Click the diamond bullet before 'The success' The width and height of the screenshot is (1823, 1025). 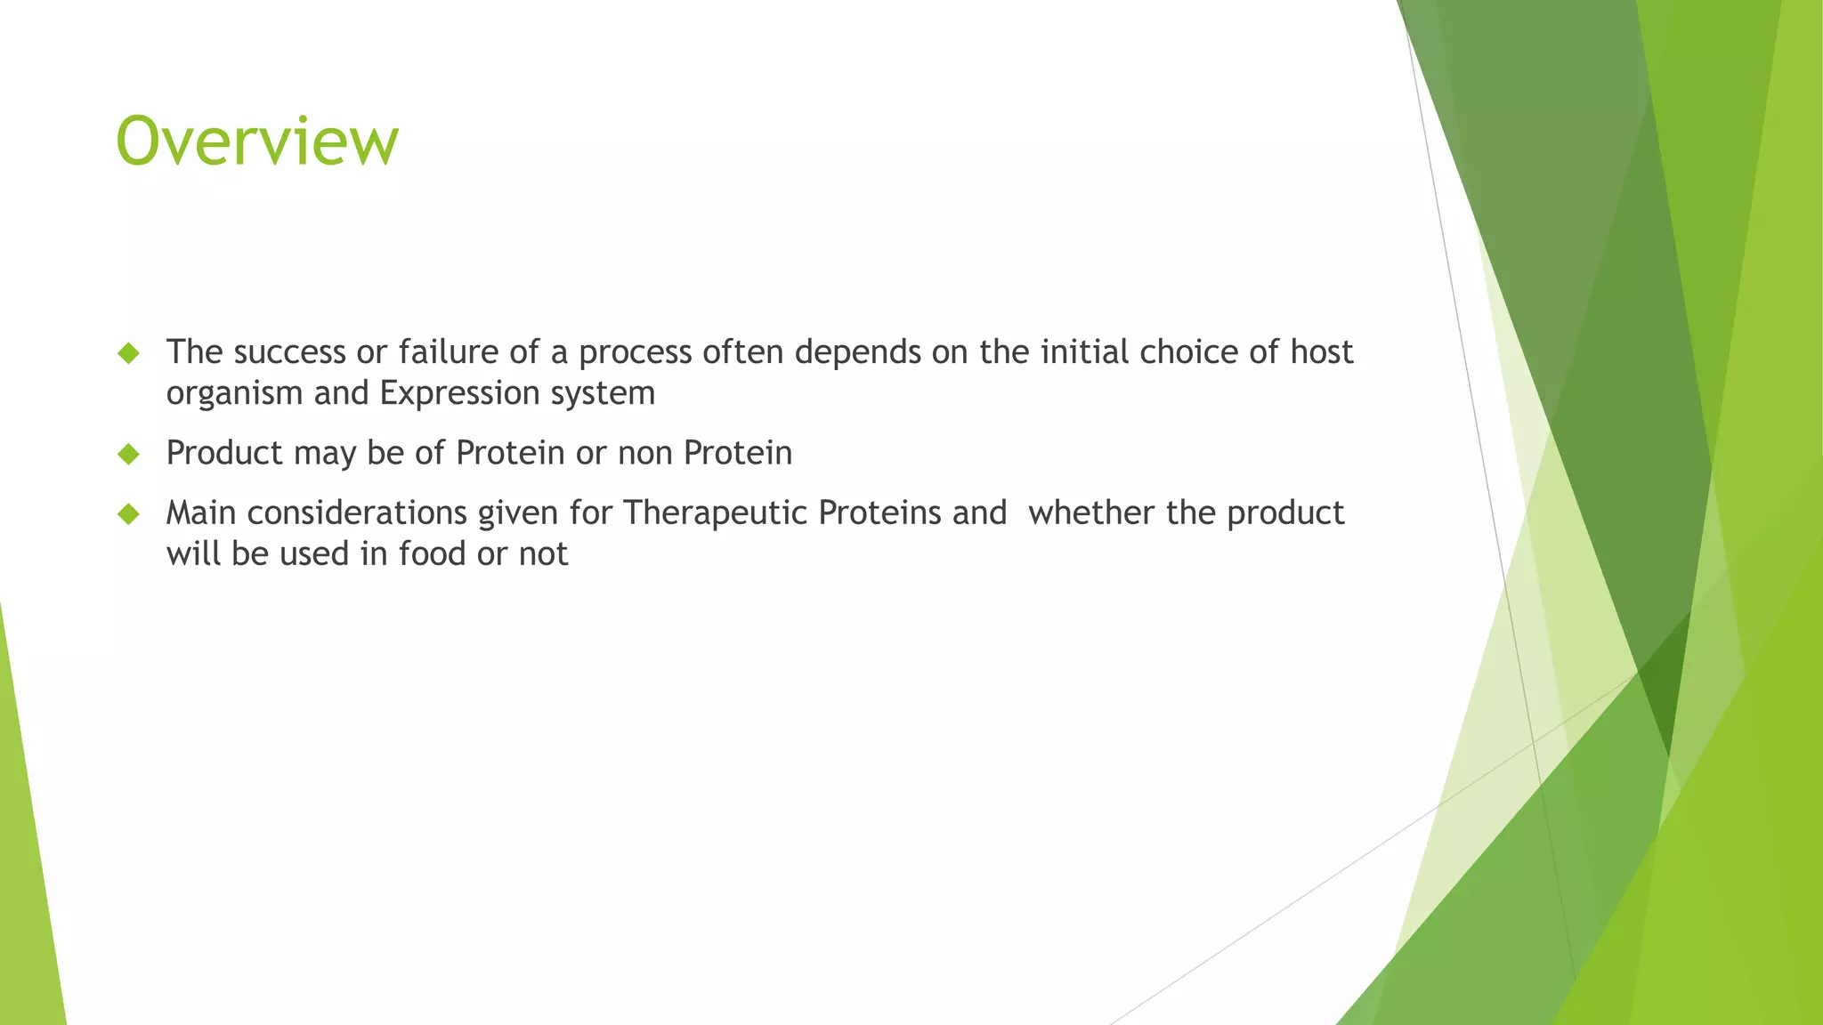129,353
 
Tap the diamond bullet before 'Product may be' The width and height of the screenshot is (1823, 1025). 129,455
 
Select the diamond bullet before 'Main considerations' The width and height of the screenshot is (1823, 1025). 129,514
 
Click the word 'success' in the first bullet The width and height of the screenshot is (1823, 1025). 289,352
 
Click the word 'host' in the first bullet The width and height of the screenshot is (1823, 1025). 1321,352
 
